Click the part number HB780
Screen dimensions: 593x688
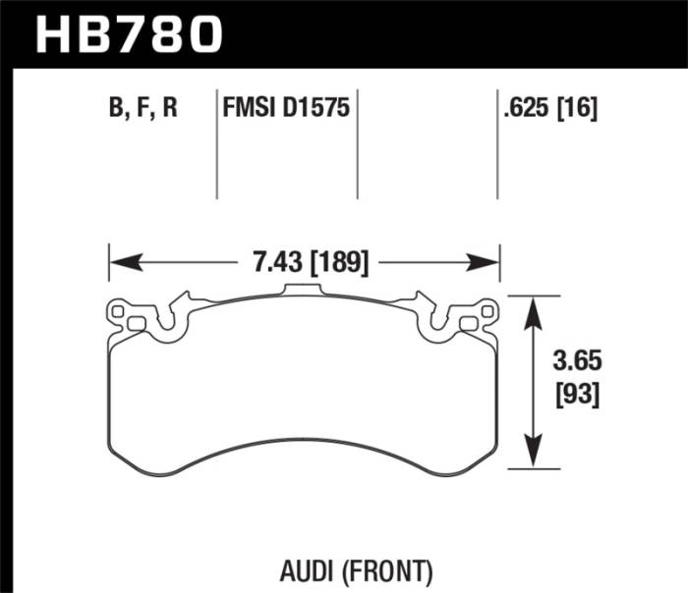pyautogui.click(x=129, y=35)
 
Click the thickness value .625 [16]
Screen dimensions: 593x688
pyautogui.click(x=549, y=107)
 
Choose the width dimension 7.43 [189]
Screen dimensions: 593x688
pyautogui.click(x=304, y=263)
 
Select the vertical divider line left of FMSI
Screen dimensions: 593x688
pyautogui.click(x=216, y=147)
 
